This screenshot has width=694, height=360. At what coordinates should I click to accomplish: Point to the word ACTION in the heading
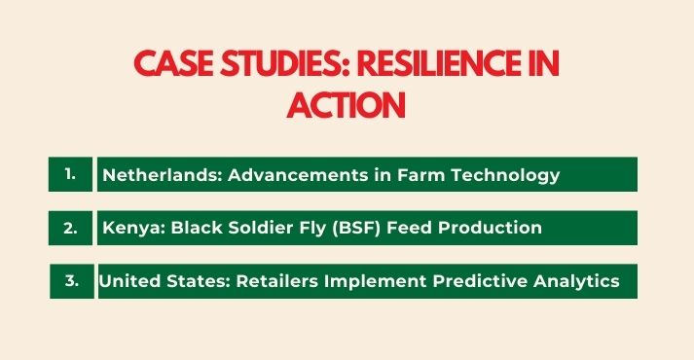point(346,104)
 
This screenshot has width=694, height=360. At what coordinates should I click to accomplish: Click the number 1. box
point(70,174)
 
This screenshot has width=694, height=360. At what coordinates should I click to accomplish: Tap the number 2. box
point(70,228)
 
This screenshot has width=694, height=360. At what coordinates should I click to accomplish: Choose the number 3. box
point(71,281)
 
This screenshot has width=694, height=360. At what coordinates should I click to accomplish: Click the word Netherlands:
point(156,175)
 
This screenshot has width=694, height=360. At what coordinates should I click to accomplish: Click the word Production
point(476,229)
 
